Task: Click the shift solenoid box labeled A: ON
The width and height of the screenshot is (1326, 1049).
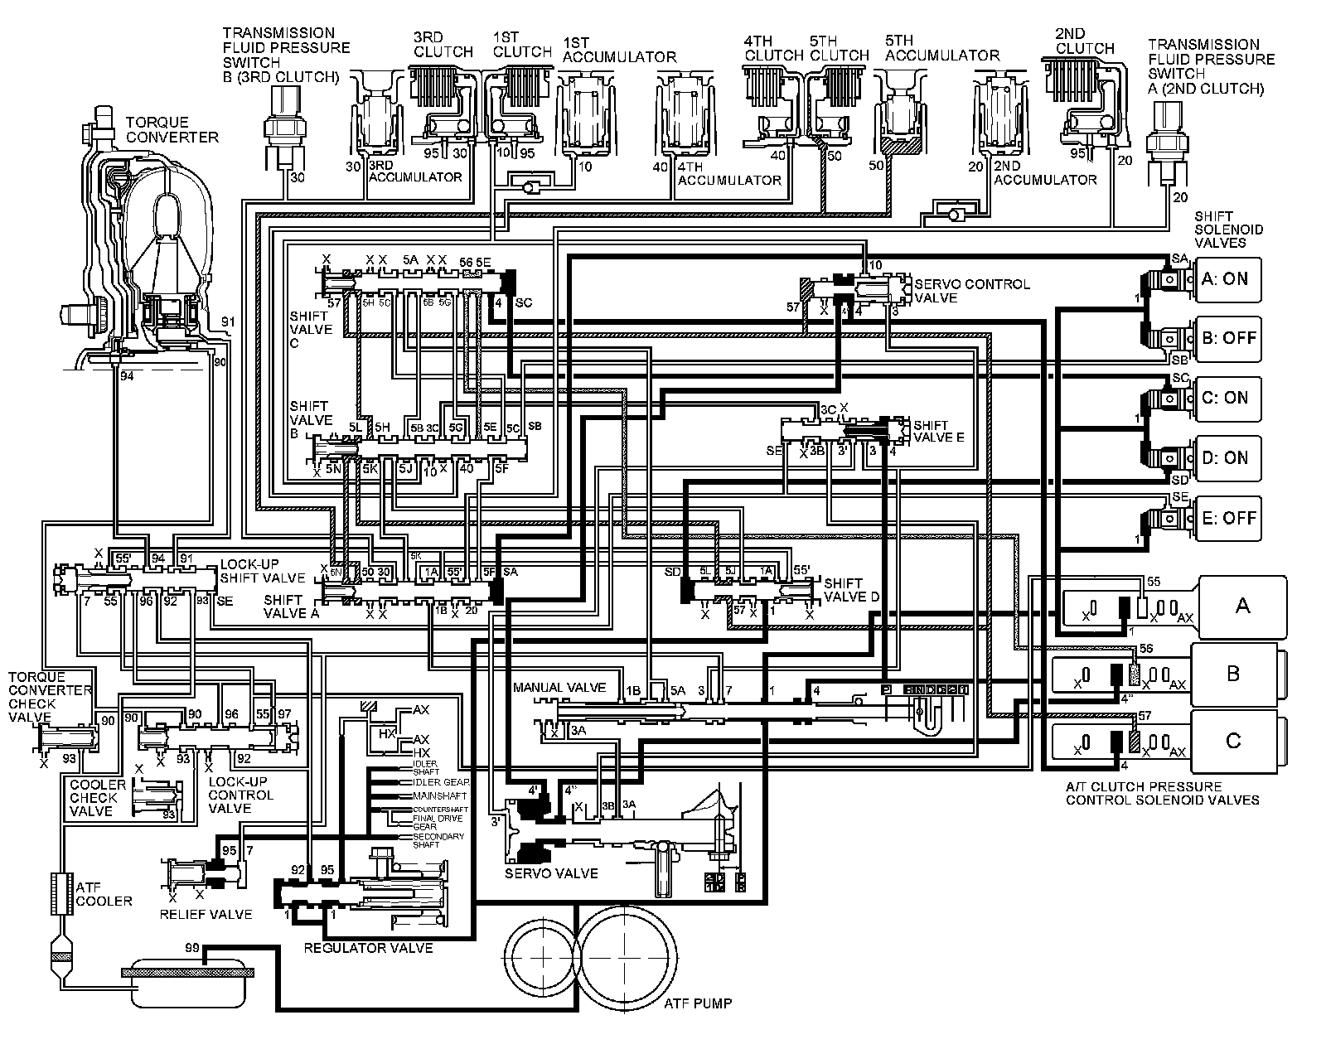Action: [x=1228, y=279]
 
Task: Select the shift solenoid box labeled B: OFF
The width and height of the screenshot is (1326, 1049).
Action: [x=1228, y=338]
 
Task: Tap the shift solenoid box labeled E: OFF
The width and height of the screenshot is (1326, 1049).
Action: [x=1228, y=518]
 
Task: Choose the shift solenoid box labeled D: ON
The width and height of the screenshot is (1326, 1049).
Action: [x=1228, y=458]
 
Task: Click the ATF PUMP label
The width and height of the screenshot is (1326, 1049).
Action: [x=698, y=1003]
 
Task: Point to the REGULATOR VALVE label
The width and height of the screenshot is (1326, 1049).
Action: [x=368, y=948]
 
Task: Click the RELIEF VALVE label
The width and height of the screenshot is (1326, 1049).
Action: [x=206, y=914]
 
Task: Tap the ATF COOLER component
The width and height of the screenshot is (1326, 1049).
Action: [x=60, y=894]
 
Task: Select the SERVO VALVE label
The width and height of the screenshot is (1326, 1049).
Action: [x=551, y=873]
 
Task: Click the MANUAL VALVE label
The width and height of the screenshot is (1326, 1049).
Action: [x=559, y=688]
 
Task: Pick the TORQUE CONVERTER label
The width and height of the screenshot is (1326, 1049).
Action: [x=172, y=129]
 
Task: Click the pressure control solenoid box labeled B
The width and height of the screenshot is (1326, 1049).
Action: [x=1233, y=673]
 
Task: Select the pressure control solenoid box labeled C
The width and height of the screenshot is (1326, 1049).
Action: [x=1233, y=740]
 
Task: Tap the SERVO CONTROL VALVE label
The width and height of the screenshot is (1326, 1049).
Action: [x=971, y=291]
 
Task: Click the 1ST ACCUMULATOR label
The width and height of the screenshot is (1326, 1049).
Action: [x=619, y=50]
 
